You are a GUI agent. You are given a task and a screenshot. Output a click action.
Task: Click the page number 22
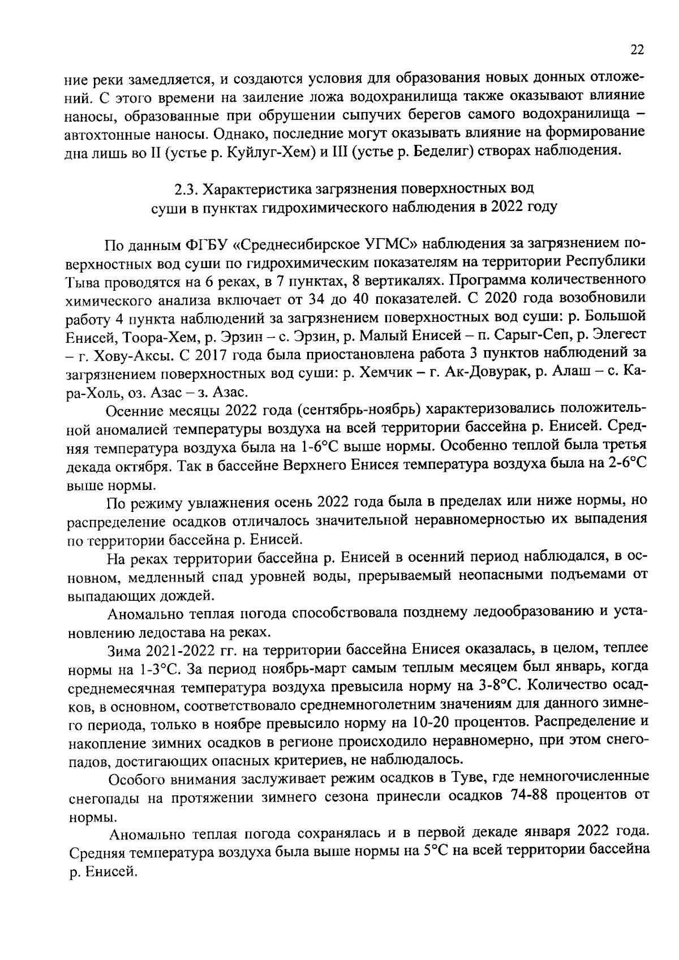pyautogui.click(x=637, y=50)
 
